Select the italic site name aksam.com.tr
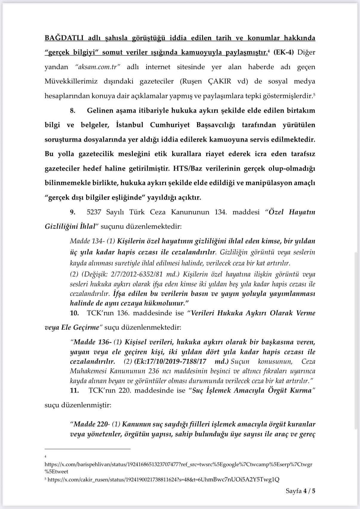[98, 67]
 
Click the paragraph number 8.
[73, 111]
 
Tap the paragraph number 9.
[73, 212]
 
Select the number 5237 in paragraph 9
[94, 212]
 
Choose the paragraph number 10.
[74, 313]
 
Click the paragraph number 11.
[74, 390]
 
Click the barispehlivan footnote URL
[178, 465]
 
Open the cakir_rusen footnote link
[163, 480]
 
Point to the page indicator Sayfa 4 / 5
[300, 491]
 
